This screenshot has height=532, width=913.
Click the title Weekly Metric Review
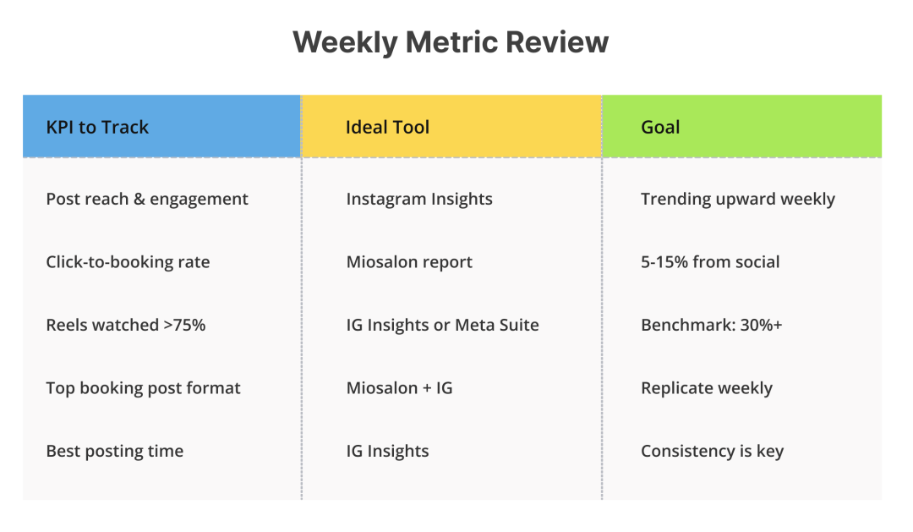(451, 42)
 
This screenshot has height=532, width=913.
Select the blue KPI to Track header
(97, 128)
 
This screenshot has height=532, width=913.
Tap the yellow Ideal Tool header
(387, 128)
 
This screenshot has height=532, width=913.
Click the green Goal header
(660, 128)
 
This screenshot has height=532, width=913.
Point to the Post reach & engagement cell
(147, 200)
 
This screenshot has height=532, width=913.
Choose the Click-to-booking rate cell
(128, 262)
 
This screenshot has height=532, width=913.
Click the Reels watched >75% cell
(125, 325)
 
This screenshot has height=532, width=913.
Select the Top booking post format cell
(143, 388)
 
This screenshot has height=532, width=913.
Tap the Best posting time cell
(114, 451)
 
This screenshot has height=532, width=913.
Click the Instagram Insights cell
(419, 200)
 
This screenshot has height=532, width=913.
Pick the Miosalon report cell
(409, 262)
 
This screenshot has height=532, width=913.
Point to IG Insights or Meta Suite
(442, 325)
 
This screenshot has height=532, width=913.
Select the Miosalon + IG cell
(399, 388)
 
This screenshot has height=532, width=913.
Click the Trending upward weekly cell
(737, 200)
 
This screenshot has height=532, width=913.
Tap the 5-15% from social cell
(710, 262)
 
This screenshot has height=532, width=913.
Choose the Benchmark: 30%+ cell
(711, 325)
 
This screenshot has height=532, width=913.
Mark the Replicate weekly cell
(707, 388)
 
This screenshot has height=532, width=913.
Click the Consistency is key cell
(712, 451)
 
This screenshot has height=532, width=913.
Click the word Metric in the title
(465, 42)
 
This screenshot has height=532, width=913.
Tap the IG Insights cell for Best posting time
(387, 451)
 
